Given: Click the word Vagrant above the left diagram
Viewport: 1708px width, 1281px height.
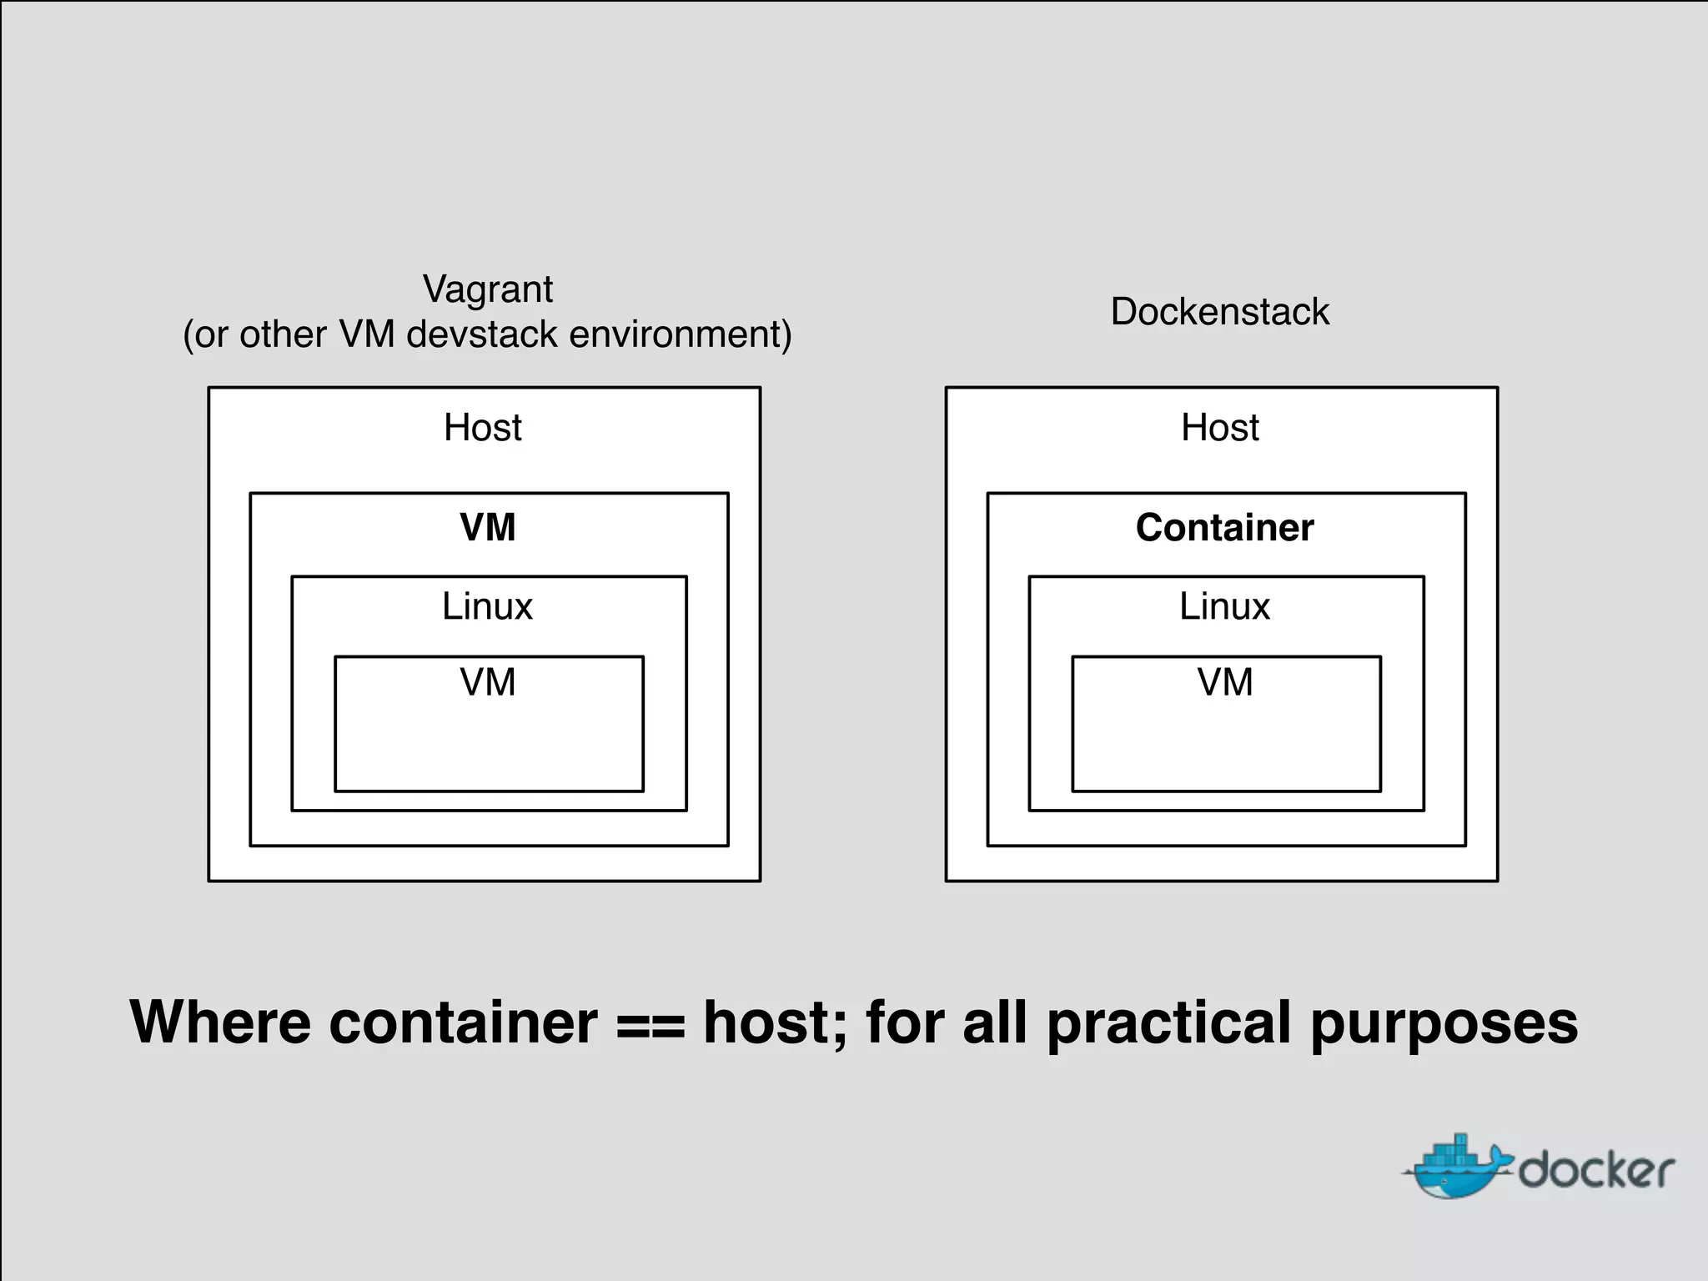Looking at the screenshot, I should [x=488, y=290].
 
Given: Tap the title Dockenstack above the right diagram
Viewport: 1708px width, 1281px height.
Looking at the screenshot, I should [x=1219, y=312].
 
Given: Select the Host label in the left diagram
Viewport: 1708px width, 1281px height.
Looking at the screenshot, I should [x=482, y=428].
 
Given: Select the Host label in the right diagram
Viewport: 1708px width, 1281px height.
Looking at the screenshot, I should [x=1219, y=428].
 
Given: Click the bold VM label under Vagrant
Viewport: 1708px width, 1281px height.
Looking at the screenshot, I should [x=488, y=527].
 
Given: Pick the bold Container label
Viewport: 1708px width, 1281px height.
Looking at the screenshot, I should [x=1224, y=527].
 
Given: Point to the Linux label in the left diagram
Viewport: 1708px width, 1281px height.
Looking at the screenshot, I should [x=487, y=606].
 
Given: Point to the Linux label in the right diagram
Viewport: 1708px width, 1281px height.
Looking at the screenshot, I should [x=1224, y=606].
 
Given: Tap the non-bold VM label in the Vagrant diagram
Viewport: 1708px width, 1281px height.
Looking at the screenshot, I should [x=488, y=682].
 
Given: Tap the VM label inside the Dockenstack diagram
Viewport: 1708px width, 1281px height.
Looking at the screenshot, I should [x=1225, y=682].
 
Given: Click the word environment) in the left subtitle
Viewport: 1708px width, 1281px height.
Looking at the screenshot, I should [x=681, y=334].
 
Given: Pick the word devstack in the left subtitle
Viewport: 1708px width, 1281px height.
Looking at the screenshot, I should [x=482, y=334].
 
